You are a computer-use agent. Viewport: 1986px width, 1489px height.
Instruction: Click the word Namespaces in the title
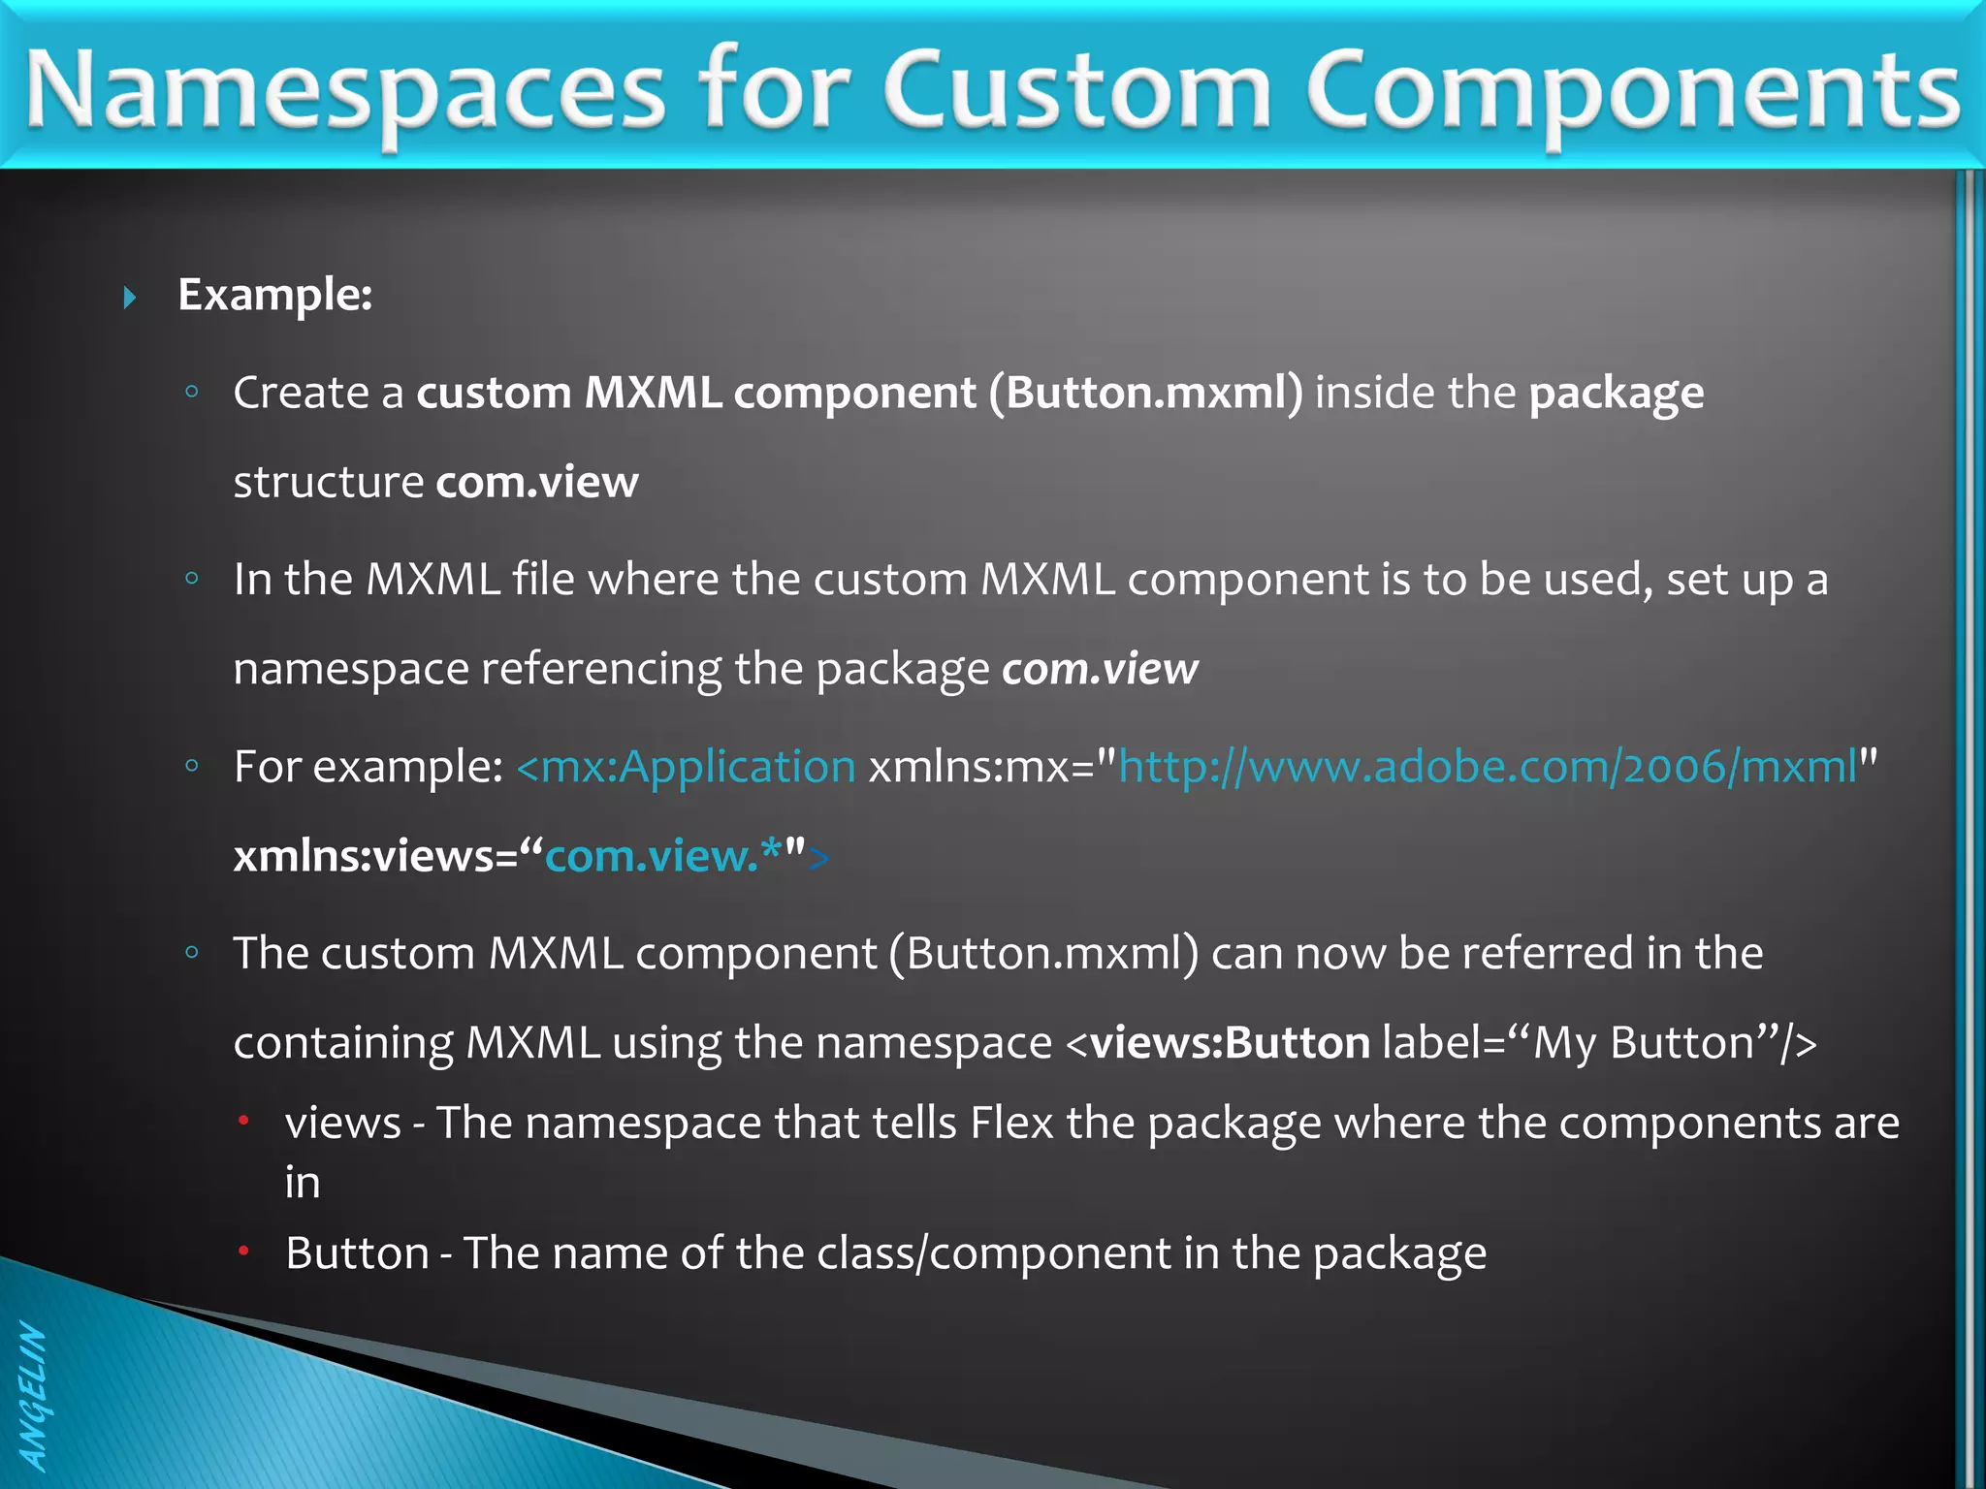click(344, 92)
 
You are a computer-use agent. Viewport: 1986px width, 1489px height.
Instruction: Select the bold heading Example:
click(275, 295)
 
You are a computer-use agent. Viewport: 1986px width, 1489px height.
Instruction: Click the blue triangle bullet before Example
click(130, 297)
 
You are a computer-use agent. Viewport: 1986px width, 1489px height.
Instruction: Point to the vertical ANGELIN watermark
click(33, 1396)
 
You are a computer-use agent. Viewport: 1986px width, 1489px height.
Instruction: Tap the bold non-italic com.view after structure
click(537, 483)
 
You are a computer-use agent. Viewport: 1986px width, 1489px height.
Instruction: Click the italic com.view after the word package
click(1100, 669)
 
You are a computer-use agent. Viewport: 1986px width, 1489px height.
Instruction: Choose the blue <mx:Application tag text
click(686, 767)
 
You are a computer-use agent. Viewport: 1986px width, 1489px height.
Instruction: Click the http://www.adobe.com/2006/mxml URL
click(1487, 767)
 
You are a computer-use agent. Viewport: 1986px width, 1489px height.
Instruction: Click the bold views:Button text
click(1229, 1043)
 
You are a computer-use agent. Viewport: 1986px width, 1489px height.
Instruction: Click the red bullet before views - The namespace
click(244, 1122)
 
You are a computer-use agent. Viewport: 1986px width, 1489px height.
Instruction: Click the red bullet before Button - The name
click(244, 1251)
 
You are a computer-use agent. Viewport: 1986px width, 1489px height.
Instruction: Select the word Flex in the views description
click(1011, 1123)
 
